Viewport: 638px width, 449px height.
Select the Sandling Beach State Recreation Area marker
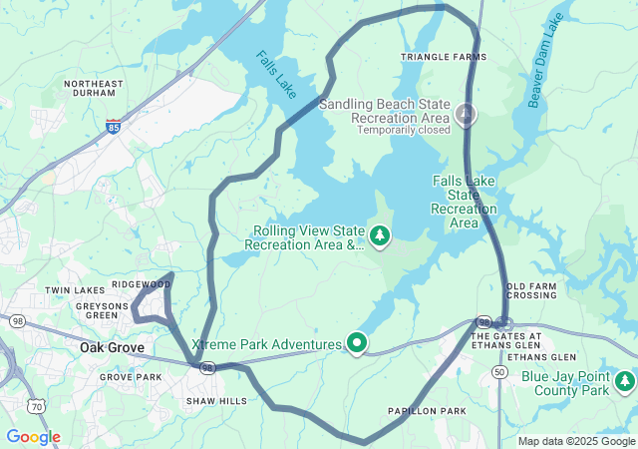coord(466,116)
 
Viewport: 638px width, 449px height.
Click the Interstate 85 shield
coord(115,127)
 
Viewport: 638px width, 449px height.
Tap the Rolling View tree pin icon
coord(380,236)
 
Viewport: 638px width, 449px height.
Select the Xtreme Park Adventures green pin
coord(357,344)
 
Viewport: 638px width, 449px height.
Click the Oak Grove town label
coord(112,348)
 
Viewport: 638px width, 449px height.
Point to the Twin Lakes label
coord(68,290)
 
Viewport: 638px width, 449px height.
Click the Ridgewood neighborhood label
coord(141,284)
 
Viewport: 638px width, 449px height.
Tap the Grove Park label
coord(131,377)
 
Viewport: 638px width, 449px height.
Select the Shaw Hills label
coord(216,401)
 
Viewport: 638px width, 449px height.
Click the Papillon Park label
coord(427,411)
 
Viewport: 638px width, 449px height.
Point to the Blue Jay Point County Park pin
coord(624,381)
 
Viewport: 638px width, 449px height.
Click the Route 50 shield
coord(498,371)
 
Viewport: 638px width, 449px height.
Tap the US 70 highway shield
coord(37,406)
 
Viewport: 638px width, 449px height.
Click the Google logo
coord(33,437)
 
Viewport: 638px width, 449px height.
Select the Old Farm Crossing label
coord(531,290)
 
